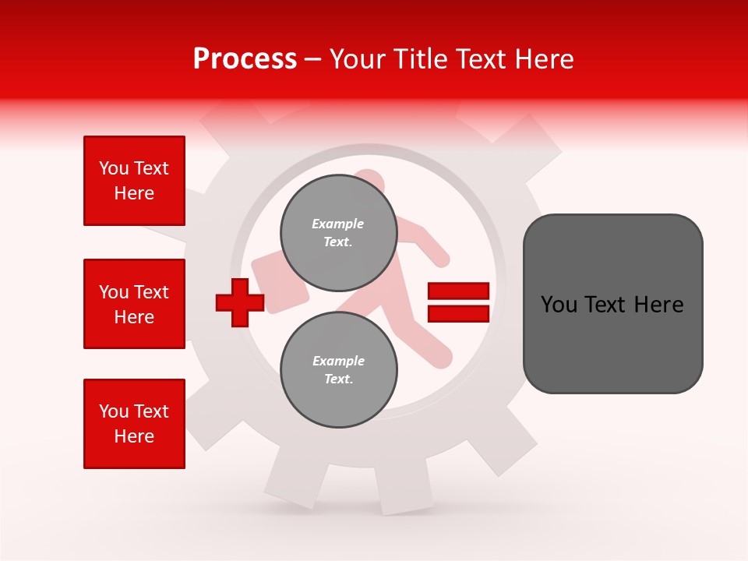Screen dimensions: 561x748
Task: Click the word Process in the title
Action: click(x=245, y=59)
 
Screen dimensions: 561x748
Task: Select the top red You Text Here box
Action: click(x=134, y=181)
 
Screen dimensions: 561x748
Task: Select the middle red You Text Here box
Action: click(x=134, y=304)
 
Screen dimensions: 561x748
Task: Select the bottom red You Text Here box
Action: click(x=134, y=423)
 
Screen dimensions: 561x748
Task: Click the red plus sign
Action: click(x=240, y=302)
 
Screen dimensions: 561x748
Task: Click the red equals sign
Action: click(x=458, y=302)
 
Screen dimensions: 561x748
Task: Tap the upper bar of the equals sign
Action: click(x=458, y=291)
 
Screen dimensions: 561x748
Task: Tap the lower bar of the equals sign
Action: click(x=458, y=313)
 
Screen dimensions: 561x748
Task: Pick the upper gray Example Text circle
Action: click(x=338, y=232)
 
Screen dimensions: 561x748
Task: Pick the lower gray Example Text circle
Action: click(x=338, y=369)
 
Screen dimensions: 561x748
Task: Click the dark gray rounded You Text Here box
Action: click(x=612, y=304)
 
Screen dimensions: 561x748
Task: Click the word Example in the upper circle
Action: click(x=338, y=224)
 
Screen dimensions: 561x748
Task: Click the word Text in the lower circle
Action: click(x=338, y=379)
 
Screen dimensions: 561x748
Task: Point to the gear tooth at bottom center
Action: click(x=405, y=491)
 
